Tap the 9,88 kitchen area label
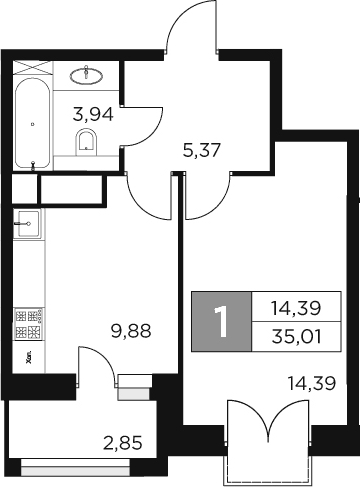point(131,329)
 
